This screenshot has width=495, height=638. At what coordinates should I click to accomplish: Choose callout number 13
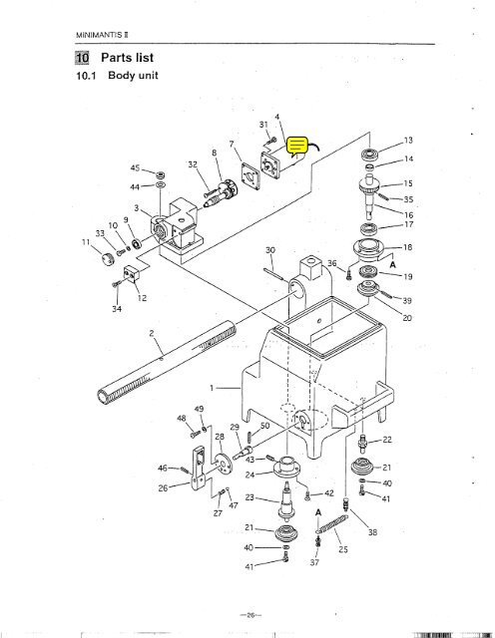click(x=407, y=140)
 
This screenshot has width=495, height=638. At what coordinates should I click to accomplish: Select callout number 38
click(x=373, y=533)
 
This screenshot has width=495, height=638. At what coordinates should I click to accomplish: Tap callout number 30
click(x=269, y=249)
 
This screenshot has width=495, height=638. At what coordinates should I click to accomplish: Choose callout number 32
click(x=193, y=164)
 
